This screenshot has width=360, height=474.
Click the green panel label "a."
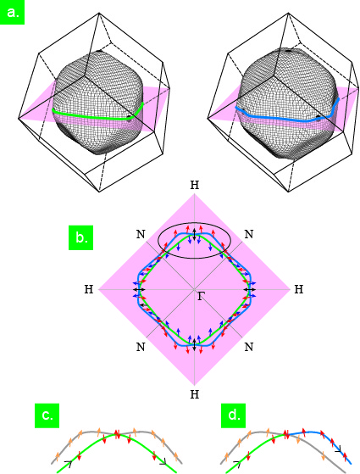[12, 12]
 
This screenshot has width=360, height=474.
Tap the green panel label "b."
[80, 237]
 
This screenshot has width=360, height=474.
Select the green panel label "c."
[47, 415]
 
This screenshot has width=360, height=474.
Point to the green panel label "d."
[233, 415]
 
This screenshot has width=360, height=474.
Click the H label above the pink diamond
[195, 185]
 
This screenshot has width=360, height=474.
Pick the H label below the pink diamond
[195, 394]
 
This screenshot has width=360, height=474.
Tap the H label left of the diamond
[88, 289]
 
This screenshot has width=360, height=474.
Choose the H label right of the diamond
[299, 289]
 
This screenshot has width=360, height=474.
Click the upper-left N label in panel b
[141, 234]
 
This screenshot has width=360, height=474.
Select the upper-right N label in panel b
[248, 234]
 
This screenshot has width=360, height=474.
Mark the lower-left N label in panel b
[141, 347]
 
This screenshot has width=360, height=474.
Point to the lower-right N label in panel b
[248, 347]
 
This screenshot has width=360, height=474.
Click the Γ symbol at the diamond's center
[201, 296]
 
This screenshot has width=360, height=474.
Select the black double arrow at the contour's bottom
[195, 344]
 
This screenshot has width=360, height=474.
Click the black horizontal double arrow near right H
[250, 290]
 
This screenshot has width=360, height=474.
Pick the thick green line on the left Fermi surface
[91, 116]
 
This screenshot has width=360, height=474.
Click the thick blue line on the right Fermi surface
[287, 118]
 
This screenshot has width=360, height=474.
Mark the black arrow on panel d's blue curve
[338, 450]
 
